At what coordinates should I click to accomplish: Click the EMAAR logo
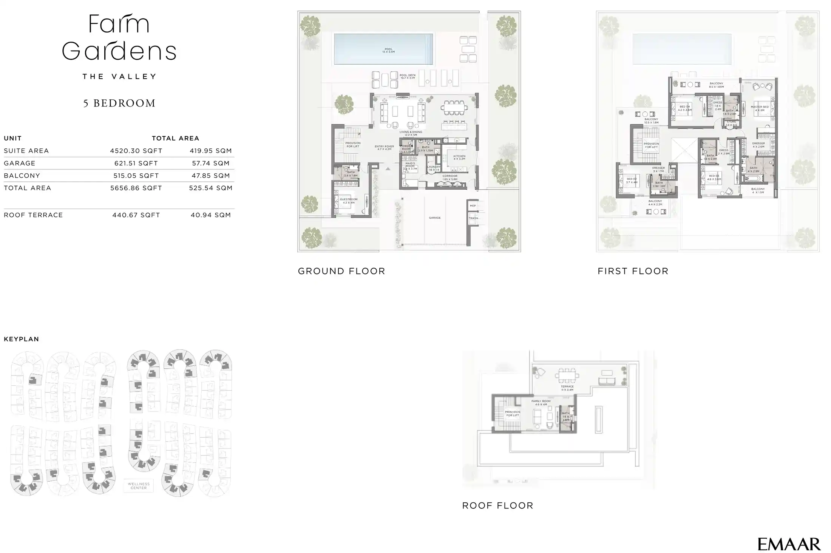(789, 544)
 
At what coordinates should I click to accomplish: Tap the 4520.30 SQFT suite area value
(136, 151)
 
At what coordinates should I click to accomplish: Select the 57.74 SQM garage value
(210, 163)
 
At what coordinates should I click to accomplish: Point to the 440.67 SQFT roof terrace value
(136, 215)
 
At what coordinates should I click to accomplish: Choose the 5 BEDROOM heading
(119, 103)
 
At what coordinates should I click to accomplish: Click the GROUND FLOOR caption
(341, 271)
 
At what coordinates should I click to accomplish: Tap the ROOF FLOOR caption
(497, 506)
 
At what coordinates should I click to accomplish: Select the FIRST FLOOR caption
(633, 271)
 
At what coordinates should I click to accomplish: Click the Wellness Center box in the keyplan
(139, 486)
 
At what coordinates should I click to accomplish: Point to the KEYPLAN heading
(22, 339)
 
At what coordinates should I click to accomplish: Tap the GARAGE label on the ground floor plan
(435, 218)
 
